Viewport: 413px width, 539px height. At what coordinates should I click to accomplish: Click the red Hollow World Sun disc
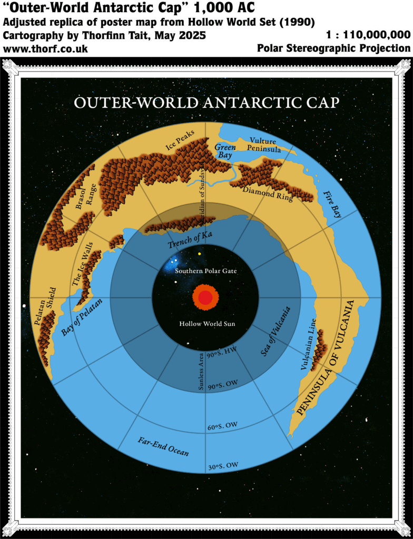[205, 297]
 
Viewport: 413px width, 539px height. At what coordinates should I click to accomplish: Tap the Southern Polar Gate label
[206, 271]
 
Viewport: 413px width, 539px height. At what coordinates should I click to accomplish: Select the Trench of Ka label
[190, 239]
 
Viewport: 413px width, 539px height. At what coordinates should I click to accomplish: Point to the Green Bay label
[225, 151]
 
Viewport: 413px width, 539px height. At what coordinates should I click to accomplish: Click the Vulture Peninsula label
[265, 145]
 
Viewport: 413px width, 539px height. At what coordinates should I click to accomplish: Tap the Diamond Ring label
[268, 194]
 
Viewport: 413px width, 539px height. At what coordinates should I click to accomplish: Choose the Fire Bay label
[332, 204]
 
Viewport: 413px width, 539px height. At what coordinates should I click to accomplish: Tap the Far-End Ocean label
[163, 446]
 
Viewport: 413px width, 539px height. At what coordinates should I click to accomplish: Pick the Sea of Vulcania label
[276, 332]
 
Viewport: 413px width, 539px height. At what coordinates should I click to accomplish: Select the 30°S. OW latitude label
[222, 465]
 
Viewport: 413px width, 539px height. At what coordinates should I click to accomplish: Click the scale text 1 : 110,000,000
[368, 35]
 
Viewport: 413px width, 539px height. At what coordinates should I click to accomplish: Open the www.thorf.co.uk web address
[45, 49]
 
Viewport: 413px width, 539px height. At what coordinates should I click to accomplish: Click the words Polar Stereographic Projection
[333, 48]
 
